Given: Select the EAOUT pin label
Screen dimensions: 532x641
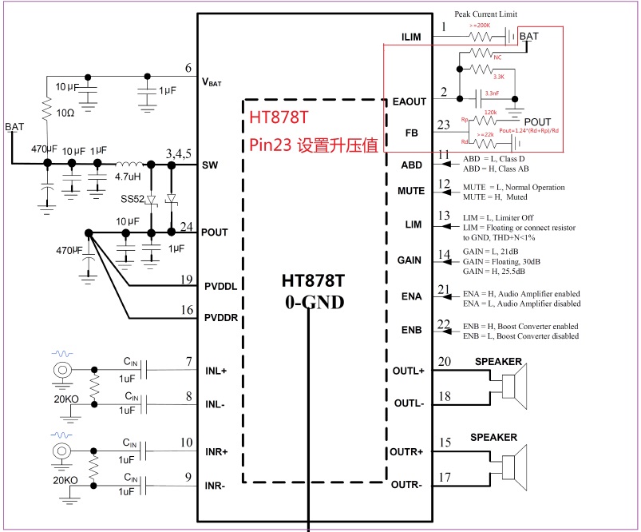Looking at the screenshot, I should [410, 101].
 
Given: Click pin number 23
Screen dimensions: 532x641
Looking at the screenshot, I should [445, 124].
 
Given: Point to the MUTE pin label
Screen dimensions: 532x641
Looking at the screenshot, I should [410, 191].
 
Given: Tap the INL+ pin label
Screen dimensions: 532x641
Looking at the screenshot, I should [217, 371].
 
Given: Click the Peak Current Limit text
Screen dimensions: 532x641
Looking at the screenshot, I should [486, 14].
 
